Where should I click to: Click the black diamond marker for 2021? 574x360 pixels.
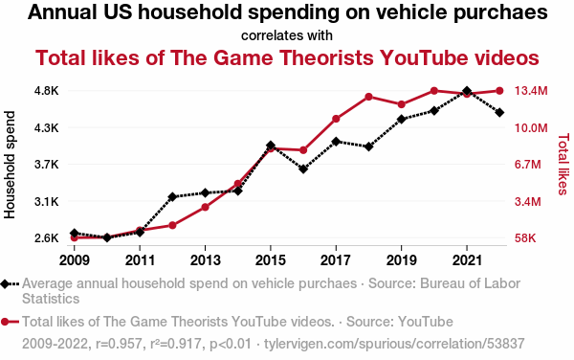coord(467,91)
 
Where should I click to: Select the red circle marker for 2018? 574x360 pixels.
coord(368,97)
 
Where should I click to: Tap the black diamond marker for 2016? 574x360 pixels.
coord(303,169)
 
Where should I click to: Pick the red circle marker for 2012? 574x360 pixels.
coord(172,225)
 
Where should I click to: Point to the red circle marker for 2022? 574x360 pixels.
coord(499,91)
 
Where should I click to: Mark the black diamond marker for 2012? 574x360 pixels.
coord(172,196)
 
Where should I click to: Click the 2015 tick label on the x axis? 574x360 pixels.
coord(270,260)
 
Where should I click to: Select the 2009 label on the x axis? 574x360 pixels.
coord(75,260)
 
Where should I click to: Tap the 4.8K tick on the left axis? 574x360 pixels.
coord(47,91)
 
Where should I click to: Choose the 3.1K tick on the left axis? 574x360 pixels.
coord(47,201)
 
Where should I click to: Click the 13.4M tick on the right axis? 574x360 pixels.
coord(531,91)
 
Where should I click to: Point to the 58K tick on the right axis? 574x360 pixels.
coord(525,238)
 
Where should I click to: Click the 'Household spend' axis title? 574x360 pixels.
coord(10,165)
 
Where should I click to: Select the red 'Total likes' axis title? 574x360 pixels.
coord(563,164)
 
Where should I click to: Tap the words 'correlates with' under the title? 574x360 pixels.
coord(287,35)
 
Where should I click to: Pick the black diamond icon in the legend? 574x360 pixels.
coord(5,283)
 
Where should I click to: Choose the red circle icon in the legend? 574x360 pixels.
coord(5,322)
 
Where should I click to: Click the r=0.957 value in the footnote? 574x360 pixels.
coord(119,344)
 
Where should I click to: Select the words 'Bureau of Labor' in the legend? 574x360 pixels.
coord(470,283)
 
